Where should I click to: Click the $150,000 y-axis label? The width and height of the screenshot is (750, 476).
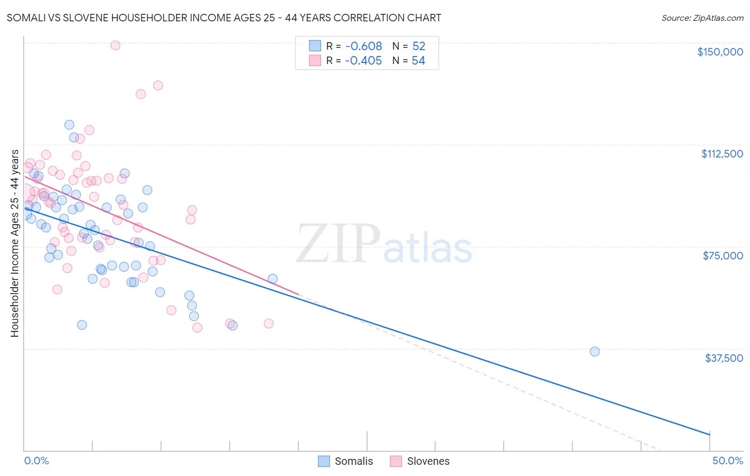click(720, 52)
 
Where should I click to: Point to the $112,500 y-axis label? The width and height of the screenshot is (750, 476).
click(722, 154)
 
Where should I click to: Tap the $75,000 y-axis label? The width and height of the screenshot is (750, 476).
click(723, 256)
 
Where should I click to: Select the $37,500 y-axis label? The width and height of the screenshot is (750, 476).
click(724, 358)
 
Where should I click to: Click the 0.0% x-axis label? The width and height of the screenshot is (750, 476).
click(36, 461)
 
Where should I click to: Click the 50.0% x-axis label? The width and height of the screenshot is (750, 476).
click(727, 461)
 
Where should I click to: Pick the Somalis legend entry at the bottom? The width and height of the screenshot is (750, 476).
click(346, 462)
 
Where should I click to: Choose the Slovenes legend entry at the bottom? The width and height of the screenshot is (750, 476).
click(420, 462)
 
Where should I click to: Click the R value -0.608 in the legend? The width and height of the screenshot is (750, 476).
click(363, 46)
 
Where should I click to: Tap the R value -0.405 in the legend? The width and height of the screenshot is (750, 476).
click(363, 61)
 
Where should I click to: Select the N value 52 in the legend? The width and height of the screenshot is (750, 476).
click(419, 46)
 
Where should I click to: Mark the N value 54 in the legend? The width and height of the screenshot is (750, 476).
click(419, 61)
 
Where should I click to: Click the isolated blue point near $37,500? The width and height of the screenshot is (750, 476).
click(594, 351)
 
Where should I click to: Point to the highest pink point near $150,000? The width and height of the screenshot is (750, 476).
click(115, 45)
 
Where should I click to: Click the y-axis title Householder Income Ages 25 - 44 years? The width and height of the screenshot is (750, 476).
click(15, 243)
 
